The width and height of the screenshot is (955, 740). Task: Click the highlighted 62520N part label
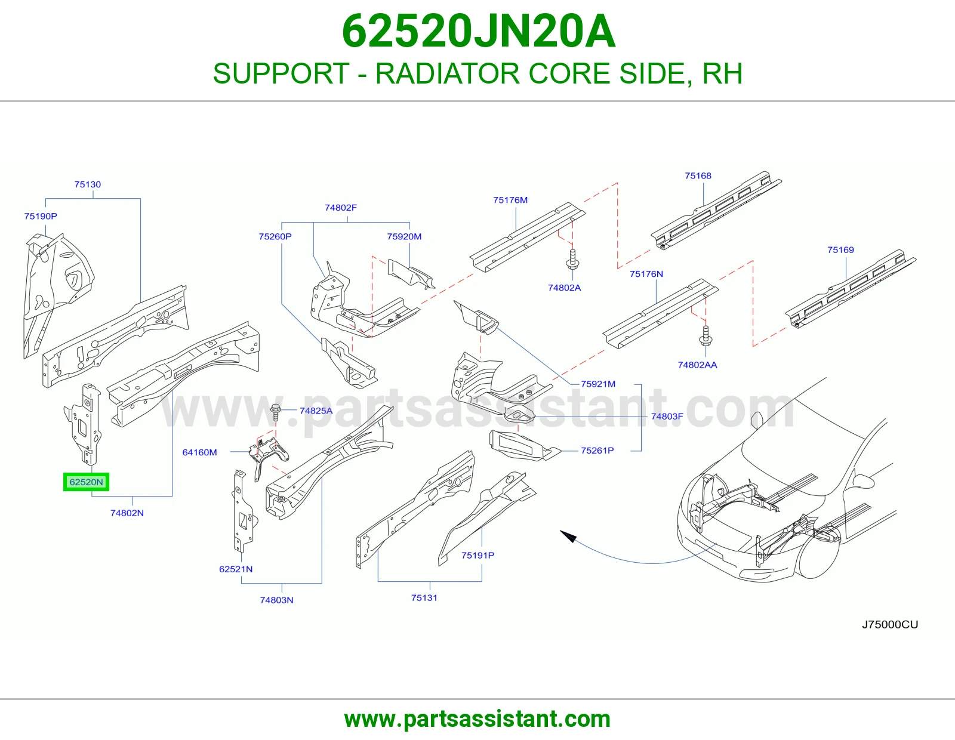(86, 482)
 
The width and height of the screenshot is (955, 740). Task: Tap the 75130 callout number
(88, 184)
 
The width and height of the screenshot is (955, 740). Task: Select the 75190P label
(41, 216)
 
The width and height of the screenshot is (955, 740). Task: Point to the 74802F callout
(341, 208)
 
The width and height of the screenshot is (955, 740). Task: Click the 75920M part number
(404, 236)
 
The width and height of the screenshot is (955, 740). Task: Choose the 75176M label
(510, 200)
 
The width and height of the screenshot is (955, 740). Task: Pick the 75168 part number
(698, 176)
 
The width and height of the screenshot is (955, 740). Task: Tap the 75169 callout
(840, 250)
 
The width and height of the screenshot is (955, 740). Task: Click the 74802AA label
(698, 365)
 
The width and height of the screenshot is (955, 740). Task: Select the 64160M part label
(199, 452)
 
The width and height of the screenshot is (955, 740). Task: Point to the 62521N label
(236, 569)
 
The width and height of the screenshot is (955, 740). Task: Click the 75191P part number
(478, 556)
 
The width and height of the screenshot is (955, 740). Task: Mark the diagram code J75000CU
(889, 624)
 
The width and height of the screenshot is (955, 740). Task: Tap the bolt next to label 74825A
(276, 412)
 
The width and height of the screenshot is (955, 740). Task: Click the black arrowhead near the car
(568, 536)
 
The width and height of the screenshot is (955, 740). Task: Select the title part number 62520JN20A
(479, 31)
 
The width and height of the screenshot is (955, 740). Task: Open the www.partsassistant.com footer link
(478, 719)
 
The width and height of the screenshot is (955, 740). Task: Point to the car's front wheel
(820, 554)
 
